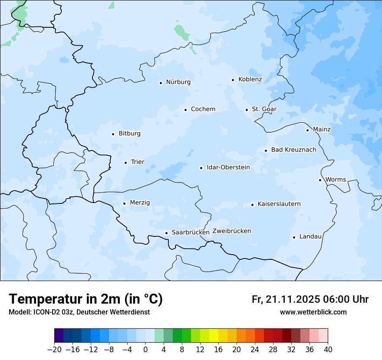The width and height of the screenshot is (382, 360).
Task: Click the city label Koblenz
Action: (250, 79)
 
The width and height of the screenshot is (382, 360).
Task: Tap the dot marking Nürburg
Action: (161, 82)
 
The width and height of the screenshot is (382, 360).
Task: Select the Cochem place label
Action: (203, 109)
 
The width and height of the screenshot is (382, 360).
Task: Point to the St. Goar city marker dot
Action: (247, 110)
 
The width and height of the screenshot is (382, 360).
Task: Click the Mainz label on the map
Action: (322, 130)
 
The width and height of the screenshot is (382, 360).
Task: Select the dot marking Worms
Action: (320, 180)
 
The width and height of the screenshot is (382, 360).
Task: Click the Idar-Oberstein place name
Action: (228, 167)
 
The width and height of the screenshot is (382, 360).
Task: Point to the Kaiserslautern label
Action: (279, 204)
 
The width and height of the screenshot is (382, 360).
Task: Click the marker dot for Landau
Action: (294, 237)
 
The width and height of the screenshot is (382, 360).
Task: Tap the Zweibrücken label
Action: (231, 231)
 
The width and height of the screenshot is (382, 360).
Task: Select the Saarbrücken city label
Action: (191, 232)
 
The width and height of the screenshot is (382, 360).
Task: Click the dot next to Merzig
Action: (124, 203)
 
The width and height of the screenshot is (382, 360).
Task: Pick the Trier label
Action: (137, 162)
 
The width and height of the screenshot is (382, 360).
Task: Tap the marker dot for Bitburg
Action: (113, 134)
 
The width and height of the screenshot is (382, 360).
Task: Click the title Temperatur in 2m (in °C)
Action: (86, 299)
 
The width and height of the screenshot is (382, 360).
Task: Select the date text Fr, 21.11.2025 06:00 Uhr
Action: (310, 299)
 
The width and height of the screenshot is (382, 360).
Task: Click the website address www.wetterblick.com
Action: (313, 312)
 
